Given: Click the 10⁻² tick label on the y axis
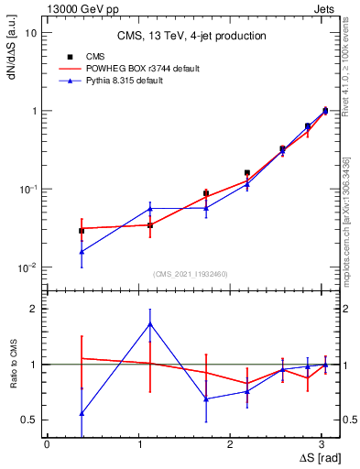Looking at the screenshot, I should click(x=29, y=268).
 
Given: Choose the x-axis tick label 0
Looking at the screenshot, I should click(x=47, y=443).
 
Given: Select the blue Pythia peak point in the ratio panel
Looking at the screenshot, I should click(x=150, y=323).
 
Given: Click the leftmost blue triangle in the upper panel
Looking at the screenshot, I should click(x=82, y=251).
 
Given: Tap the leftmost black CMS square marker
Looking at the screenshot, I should click(x=82, y=231).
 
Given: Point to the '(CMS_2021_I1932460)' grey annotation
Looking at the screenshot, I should click(x=191, y=274).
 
